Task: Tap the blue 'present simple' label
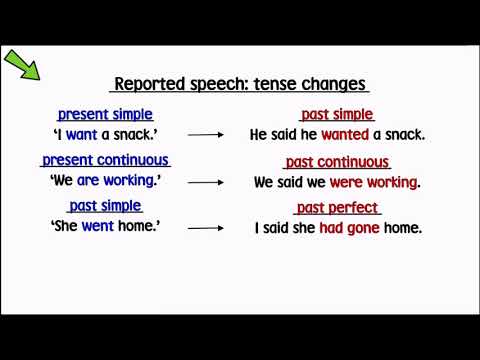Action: (105, 115)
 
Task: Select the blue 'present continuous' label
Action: (105, 160)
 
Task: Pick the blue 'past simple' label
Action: (105, 206)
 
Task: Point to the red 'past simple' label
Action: (337, 115)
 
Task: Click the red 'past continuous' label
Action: (337, 162)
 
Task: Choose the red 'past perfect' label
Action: (337, 208)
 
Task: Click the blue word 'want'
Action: (81, 135)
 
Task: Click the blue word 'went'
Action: (96, 227)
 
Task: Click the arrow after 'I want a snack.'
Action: (204, 135)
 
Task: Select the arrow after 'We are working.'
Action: (204, 182)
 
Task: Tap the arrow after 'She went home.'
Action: (204, 228)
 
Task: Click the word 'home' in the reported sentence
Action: (402, 227)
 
